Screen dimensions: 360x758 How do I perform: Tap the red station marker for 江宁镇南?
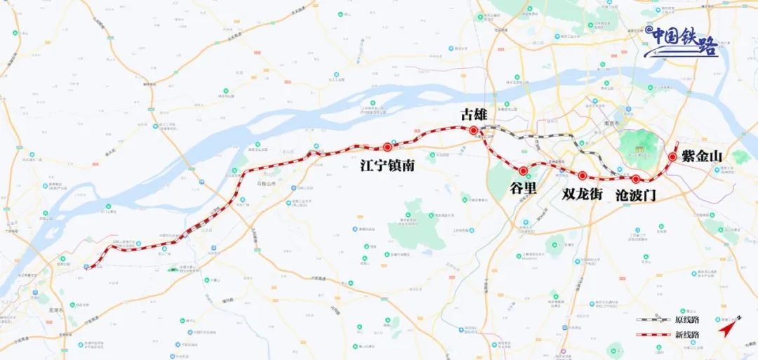(x=387, y=147)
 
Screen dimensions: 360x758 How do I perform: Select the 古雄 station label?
(x=472, y=114)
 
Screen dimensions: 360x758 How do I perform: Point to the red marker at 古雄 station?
(x=474, y=131)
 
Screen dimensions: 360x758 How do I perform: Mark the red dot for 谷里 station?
(x=523, y=171)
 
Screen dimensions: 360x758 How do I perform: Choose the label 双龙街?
(x=582, y=194)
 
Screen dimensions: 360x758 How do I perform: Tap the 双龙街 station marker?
(x=583, y=175)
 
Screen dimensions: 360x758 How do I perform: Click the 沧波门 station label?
(x=635, y=196)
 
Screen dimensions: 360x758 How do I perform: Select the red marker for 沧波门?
(x=636, y=179)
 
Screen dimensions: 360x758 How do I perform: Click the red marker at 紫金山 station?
(x=672, y=157)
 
